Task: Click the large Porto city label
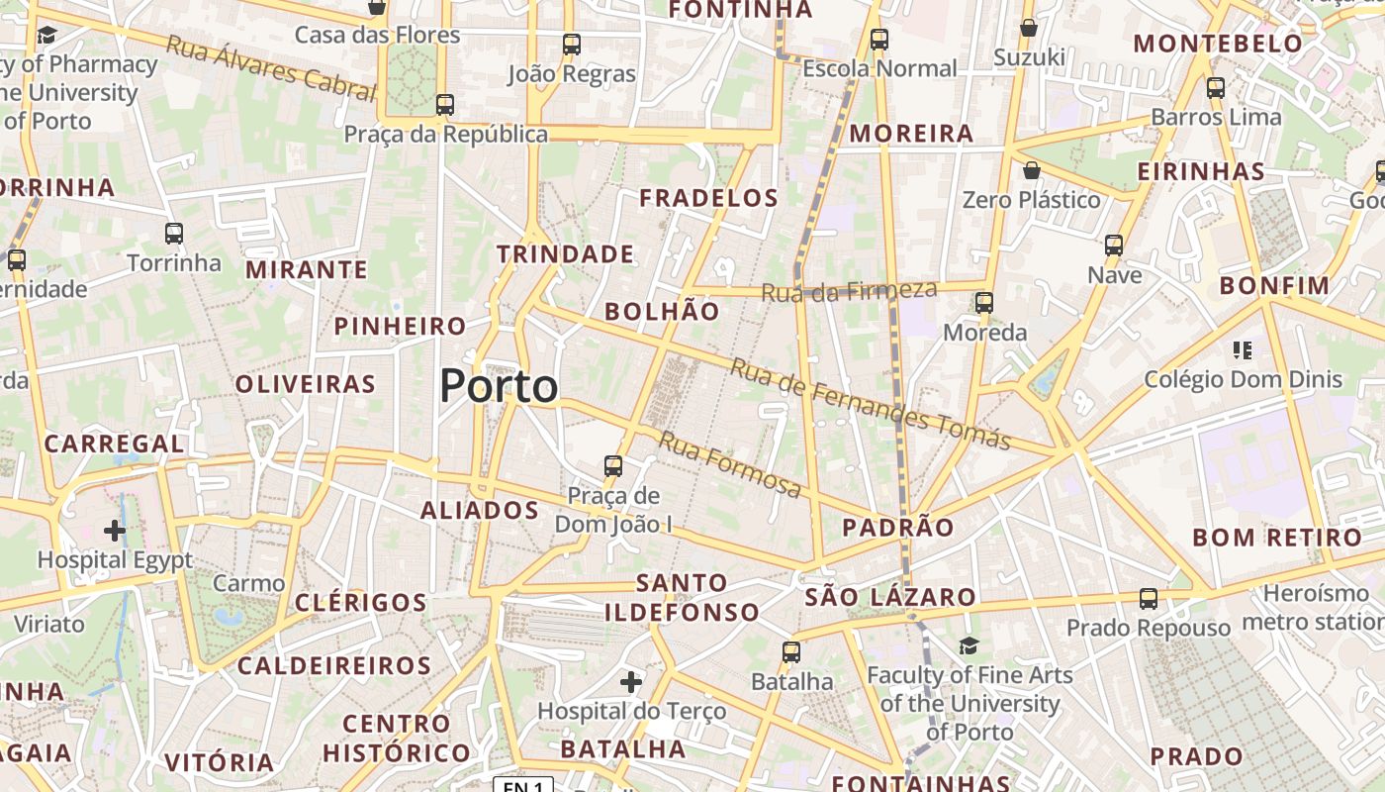(499, 386)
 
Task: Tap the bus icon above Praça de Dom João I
(613, 465)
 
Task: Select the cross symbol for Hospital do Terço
(631, 682)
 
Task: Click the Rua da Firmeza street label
(849, 291)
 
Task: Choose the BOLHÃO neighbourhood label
(662, 311)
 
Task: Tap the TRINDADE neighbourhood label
(565, 254)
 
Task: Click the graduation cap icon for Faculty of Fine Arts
(969, 646)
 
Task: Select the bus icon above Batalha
(791, 651)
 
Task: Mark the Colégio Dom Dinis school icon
(1243, 349)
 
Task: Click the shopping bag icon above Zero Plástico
(1032, 170)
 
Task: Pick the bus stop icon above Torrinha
(174, 234)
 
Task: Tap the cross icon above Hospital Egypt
(115, 531)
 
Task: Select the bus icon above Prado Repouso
(1149, 598)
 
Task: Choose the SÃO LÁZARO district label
(890, 597)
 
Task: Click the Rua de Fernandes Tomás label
(871, 404)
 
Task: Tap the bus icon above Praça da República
(445, 104)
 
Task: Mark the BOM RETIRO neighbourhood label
(1277, 538)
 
